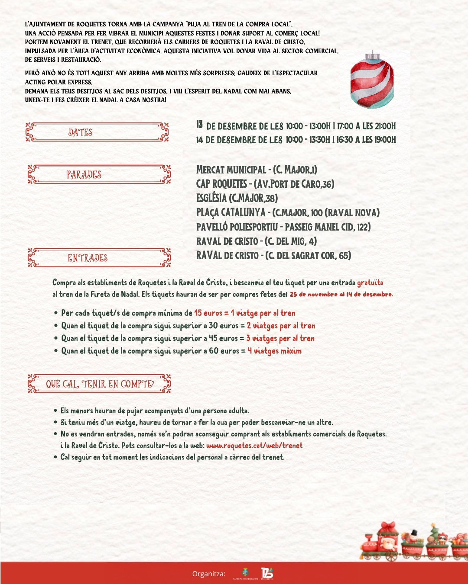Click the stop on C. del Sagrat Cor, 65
273,256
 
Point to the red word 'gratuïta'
370,283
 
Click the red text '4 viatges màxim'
274,351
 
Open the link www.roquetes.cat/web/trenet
254,446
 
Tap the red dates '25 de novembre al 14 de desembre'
341,294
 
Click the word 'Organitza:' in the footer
209,574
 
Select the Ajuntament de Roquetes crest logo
245,573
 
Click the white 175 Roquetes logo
267,573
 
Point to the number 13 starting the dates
199,125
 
